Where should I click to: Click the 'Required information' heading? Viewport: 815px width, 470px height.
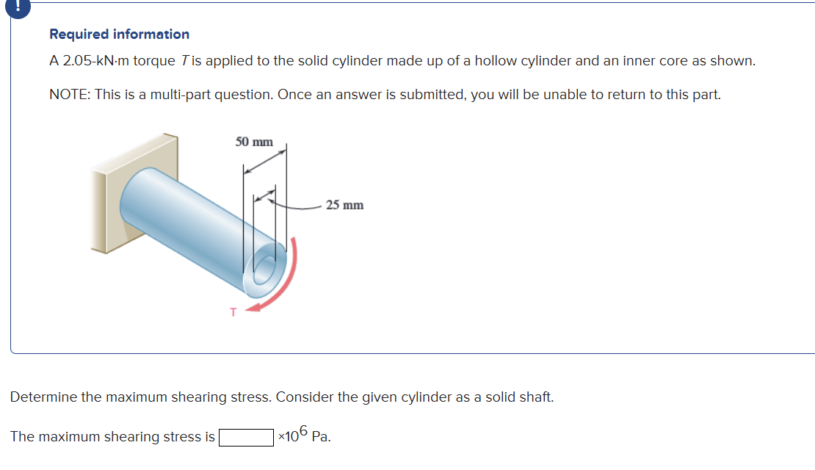(x=119, y=35)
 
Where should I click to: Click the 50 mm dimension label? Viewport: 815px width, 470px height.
(x=254, y=142)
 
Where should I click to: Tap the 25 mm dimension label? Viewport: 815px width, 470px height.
(x=344, y=205)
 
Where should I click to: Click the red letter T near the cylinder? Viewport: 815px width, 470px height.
(x=233, y=313)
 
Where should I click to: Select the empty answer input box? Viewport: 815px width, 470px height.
(x=246, y=438)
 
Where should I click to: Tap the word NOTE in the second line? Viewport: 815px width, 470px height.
(x=69, y=95)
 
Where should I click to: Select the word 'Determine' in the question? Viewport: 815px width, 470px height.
(x=43, y=397)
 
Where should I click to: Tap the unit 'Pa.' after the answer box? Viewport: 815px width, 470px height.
(x=321, y=438)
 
